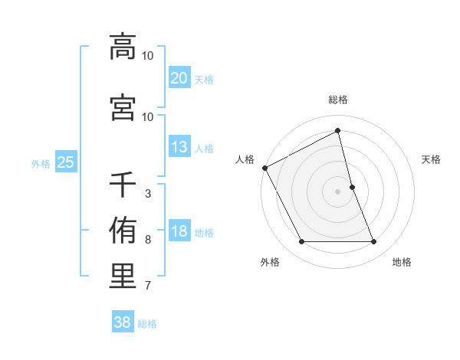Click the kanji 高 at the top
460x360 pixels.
pos(123,46)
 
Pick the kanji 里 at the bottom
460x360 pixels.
pos(123,277)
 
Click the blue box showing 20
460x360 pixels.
pos(179,77)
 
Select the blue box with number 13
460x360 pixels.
pos(179,147)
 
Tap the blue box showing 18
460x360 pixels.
pos(179,231)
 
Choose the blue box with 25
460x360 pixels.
pos(65,162)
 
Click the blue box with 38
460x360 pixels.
pos(122,322)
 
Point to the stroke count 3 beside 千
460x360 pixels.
pos(147,194)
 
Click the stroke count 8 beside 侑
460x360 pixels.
pos(147,240)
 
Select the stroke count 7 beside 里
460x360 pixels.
pos(147,286)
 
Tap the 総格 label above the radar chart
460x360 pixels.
pos(337,100)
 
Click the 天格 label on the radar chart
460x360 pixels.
pos(432,159)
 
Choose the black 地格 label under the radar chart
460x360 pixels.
pos(402,262)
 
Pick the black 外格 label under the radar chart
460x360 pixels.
pos(270,262)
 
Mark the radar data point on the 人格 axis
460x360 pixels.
pos(264,168)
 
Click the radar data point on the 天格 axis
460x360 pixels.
pos(352,187)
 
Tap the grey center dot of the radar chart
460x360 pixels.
pos(337,191)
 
